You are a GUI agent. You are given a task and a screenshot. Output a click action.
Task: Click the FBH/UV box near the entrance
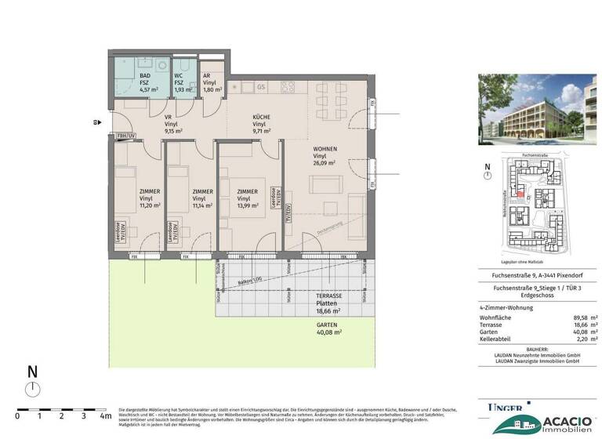click(x=127, y=137)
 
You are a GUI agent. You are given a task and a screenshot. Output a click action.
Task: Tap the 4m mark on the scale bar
click(x=105, y=416)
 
